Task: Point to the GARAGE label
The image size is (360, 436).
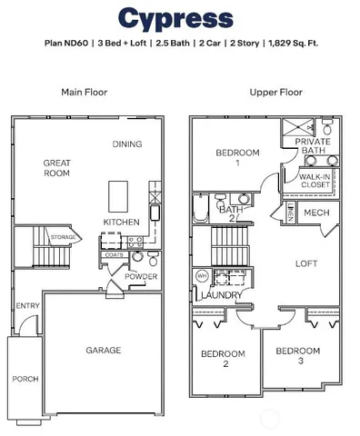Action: point(104,350)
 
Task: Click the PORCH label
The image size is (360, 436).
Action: point(24,378)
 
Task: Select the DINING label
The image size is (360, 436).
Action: point(126,144)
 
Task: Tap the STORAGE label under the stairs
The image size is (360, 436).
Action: point(63,238)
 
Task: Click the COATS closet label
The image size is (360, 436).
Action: point(114,255)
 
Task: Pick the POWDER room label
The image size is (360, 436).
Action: point(141,275)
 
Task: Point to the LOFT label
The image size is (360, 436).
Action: point(305,263)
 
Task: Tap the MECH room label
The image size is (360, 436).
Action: point(316,213)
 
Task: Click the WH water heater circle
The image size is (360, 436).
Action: point(200,275)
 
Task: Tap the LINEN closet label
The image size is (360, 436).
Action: point(288,213)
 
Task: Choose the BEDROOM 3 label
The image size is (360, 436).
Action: point(297,356)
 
